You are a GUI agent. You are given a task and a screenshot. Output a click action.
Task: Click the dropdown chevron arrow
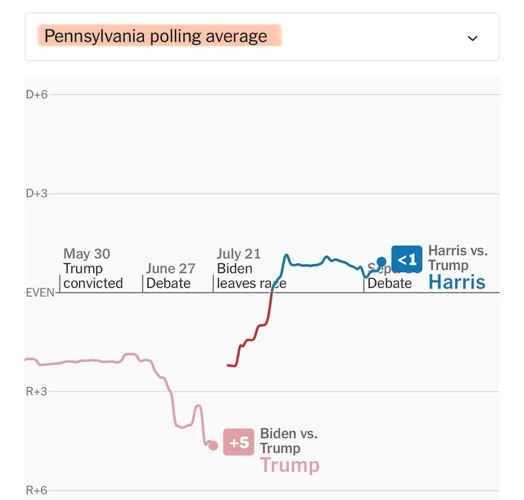tap(472, 38)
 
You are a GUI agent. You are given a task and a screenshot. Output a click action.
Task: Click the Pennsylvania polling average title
tap(155, 36)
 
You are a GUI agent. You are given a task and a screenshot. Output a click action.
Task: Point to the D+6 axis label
tap(37, 94)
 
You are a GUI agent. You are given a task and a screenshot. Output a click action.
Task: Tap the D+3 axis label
tap(37, 193)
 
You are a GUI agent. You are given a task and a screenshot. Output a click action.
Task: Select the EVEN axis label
tap(40, 292)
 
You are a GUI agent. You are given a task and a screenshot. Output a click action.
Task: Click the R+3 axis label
tap(37, 391)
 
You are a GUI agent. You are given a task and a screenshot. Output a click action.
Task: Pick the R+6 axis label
tap(37, 490)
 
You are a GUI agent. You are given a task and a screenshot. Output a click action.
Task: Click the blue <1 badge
tap(407, 260)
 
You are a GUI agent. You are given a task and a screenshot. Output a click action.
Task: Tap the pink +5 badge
tap(238, 442)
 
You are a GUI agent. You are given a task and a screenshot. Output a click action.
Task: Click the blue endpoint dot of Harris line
tap(381, 262)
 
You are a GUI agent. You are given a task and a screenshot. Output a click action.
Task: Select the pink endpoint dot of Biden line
tap(213, 445)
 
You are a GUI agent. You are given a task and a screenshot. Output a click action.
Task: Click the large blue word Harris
tap(457, 282)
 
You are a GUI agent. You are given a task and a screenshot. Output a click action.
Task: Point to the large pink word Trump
tap(290, 465)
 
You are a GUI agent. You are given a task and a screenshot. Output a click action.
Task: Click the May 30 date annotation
tap(87, 253)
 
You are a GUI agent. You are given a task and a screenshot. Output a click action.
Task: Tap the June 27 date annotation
tap(171, 268)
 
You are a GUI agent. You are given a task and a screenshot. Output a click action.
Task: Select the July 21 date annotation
tap(239, 253)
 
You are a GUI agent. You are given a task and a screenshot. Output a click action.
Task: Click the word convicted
tap(93, 283)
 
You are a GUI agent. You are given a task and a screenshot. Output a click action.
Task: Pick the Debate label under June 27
tap(169, 283)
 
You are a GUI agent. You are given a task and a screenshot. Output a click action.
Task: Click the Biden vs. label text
tap(289, 433)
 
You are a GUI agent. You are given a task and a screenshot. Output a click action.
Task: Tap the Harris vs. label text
tap(458, 250)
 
